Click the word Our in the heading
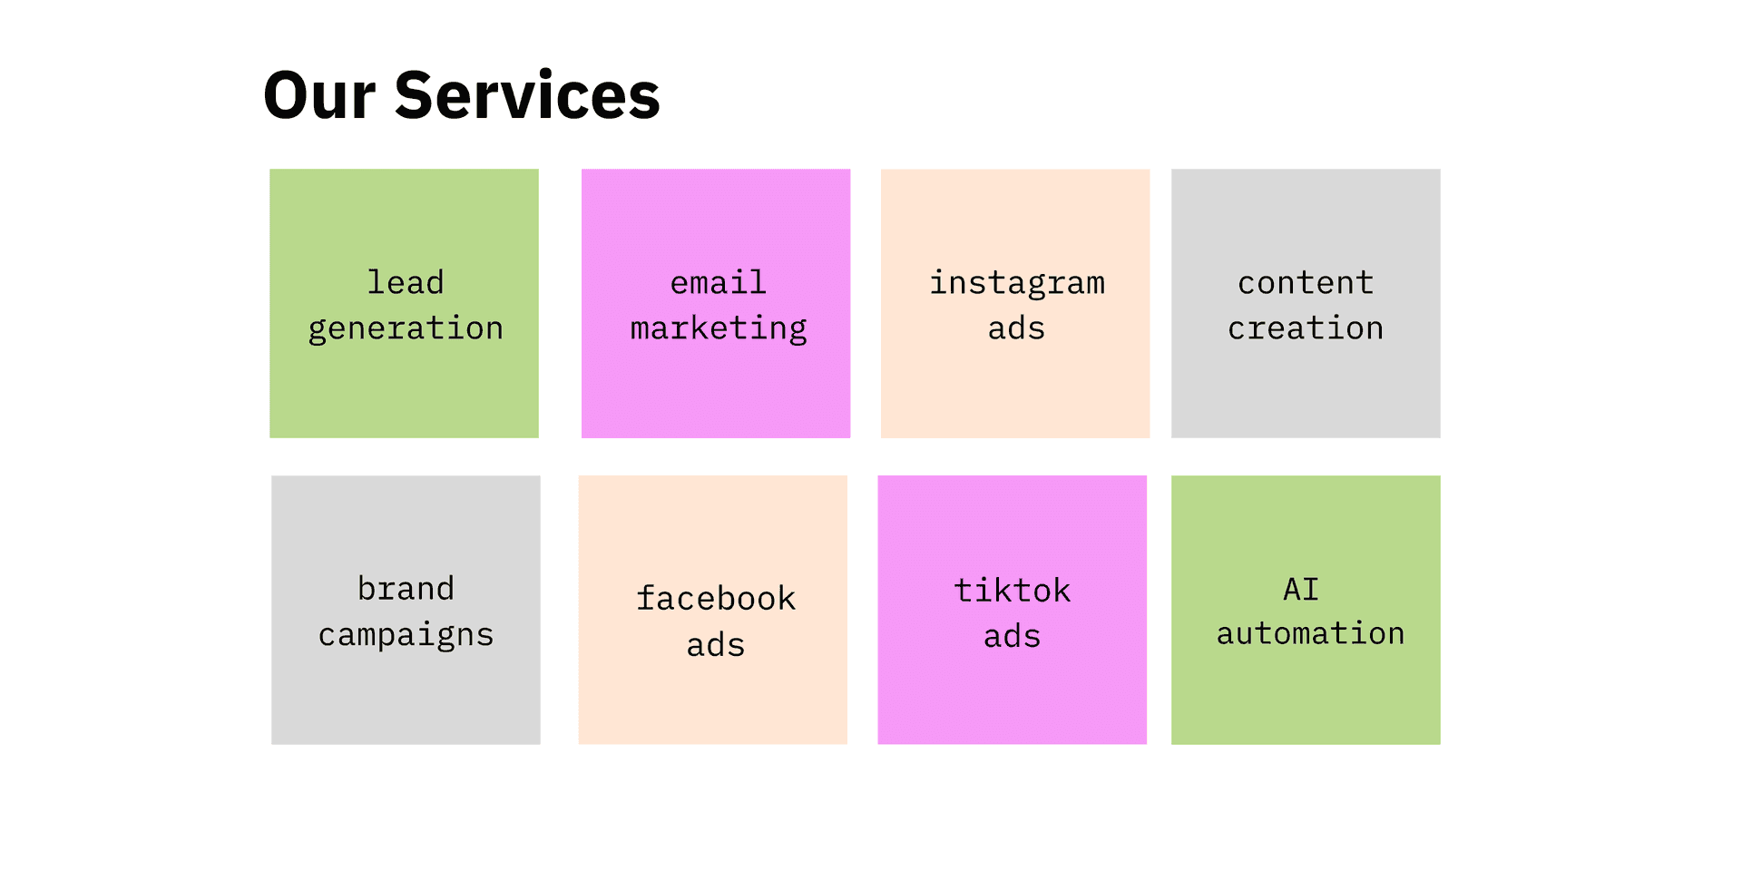pos(319,95)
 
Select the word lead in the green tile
pos(406,282)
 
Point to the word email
pos(719,282)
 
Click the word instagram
pos(1017,283)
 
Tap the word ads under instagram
pos(1016,328)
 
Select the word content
pos(1306,283)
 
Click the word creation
pos(1306,328)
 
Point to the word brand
pos(406,589)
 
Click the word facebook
pos(716,599)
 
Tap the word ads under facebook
pos(716,645)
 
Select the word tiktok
pos(1013,591)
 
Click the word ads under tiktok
pos(1013,636)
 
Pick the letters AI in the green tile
pos(1301,590)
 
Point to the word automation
pos(1310,633)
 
